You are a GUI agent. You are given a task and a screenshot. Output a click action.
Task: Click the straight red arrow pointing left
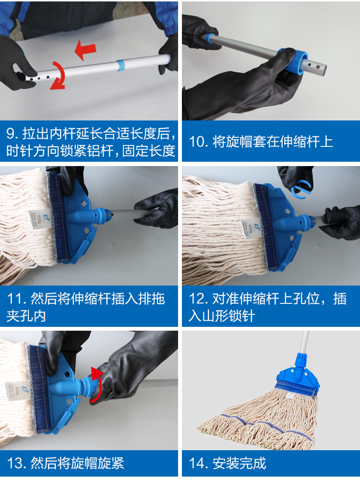85,50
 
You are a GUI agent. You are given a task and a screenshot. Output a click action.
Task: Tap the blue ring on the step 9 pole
120,65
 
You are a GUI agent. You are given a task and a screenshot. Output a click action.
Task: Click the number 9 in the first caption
10,133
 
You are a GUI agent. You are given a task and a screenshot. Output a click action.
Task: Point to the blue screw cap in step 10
293,61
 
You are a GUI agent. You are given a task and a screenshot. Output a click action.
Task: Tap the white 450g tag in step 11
40,219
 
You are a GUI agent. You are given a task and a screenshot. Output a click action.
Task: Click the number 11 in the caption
15,299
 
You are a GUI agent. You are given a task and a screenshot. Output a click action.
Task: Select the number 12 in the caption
197,299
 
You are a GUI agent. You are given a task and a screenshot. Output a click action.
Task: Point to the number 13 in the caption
15,463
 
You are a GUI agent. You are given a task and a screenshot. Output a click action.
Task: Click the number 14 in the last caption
197,463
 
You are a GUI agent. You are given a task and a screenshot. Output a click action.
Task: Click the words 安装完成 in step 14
240,463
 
